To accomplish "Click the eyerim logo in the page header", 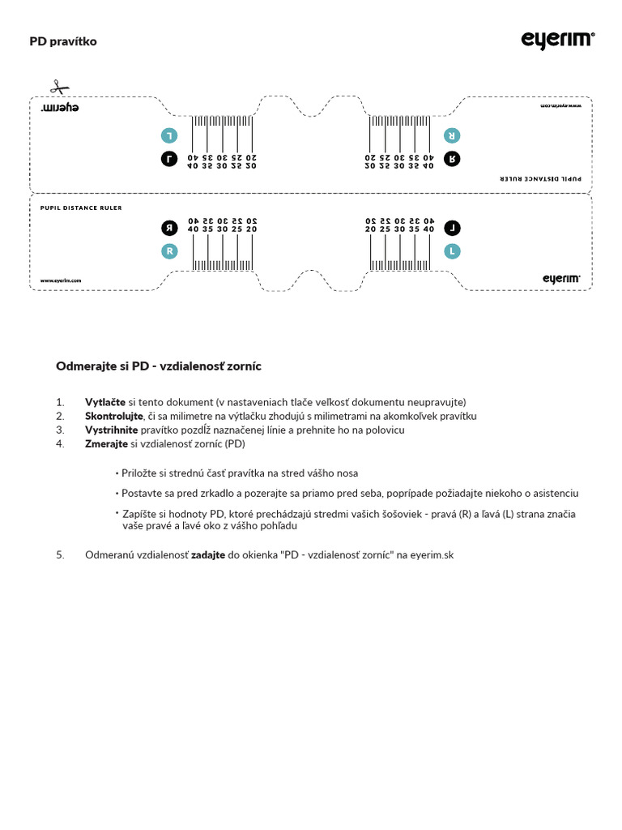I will tap(557, 41).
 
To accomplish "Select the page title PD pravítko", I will tap(63, 41).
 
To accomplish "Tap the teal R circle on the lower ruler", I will tap(169, 251).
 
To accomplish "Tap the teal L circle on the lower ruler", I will tap(452, 251).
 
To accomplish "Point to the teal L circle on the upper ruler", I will tap(169, 135).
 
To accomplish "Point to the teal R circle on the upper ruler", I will tap(452, 135).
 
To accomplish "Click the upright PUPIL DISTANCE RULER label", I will tap(81, 207).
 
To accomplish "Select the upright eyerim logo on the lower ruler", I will tap(561, 279).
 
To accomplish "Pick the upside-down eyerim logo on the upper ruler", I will tap(60, 108).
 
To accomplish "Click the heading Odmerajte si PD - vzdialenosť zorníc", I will tap(158, 366).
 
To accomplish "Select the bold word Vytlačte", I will tap(105, 402).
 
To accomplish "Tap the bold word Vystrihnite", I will tap(111, 430).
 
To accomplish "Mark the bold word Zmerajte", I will tap(106, 444).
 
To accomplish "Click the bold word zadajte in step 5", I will tap(207, 555).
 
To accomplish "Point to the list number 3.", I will tap(59, 430).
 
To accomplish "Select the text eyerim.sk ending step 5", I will tap(432, 555).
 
